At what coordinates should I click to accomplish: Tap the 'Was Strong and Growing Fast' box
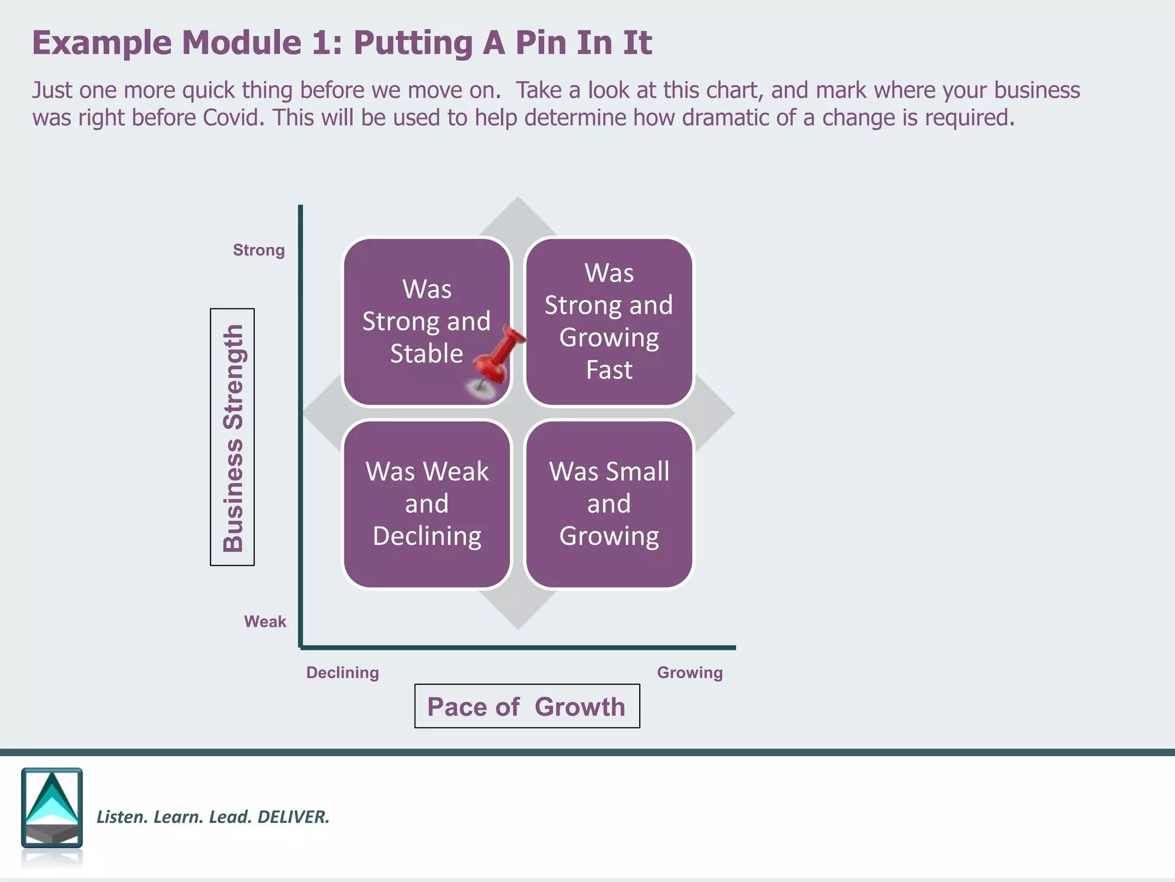(609, 322)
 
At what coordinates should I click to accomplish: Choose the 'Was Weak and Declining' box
(427, 504)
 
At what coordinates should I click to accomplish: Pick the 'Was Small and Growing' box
(609, 504)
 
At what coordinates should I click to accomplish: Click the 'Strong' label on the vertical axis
(259, 250)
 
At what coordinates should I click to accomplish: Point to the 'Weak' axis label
(264, 621)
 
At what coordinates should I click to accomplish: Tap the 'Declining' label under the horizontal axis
(343, 672)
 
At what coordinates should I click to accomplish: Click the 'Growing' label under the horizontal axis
(690, 672)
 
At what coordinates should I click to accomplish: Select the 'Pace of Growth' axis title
(527, 706)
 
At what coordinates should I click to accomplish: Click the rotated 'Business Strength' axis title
(232, 437)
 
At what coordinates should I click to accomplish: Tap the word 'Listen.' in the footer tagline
(121, 817)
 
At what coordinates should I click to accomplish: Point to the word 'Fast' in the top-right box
(609, 370)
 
